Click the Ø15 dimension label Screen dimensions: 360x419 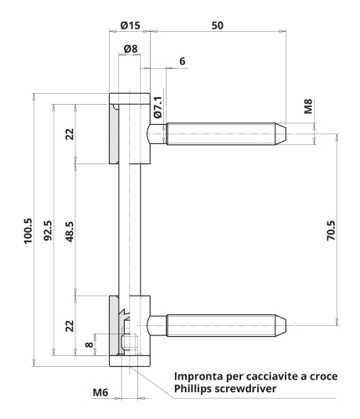point(130,25)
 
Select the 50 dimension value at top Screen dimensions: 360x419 point(218,25)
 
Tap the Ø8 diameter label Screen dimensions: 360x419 point(131,49)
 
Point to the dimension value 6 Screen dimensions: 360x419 point(183,61)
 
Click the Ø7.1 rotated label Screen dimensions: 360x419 point(157,107)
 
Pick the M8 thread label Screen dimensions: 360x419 point(308,106)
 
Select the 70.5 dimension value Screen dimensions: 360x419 point(332,230)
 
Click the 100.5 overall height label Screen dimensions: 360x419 point(28,230)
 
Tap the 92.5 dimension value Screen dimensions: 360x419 point(48,230)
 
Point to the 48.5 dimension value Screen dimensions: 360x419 point(69,231)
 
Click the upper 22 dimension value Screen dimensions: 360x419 point(69,134)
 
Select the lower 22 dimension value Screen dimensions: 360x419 point(69,326)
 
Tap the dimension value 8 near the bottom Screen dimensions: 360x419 point(89,344)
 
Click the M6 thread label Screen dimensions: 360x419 point(100,392)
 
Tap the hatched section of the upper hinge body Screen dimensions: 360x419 point(114,134)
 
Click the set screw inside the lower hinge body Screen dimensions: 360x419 point(130,344)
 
